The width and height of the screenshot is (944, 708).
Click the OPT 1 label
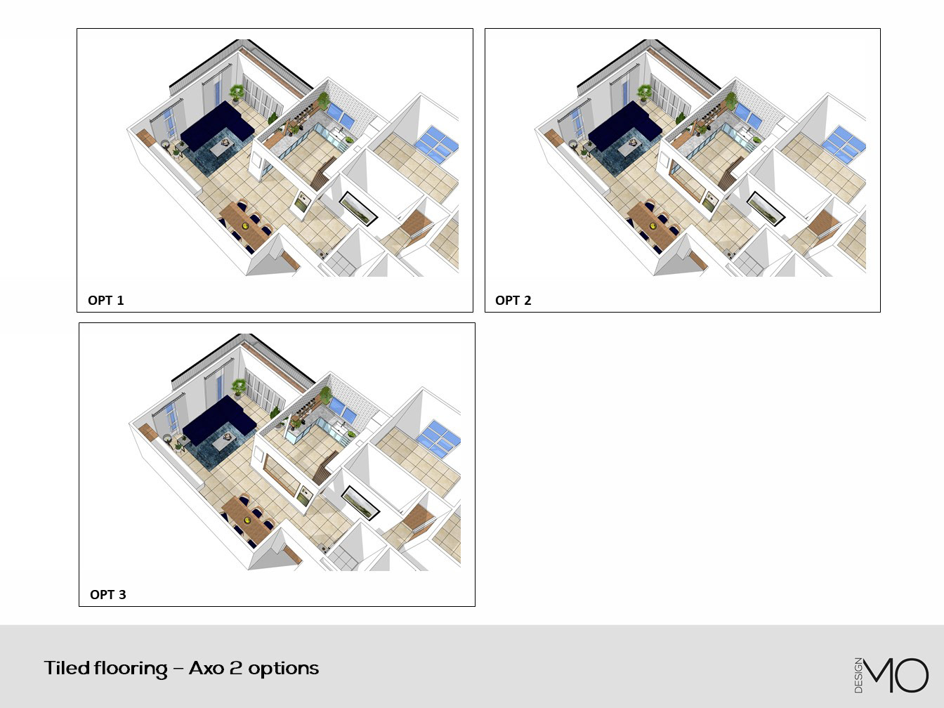coord(106,301)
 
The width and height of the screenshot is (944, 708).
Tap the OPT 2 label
coord(513,301)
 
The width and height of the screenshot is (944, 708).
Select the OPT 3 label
coord(108,594)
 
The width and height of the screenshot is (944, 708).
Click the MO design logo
coord(891,675)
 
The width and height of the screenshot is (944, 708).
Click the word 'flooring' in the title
coord(131,669)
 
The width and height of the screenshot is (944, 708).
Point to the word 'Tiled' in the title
coord(67,668)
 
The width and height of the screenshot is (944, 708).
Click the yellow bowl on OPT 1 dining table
coord(245,225)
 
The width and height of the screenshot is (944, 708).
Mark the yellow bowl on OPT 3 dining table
coord(247,520)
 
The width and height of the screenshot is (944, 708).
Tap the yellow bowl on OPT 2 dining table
coord(653,225)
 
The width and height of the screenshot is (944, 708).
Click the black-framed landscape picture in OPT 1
coord(358,209)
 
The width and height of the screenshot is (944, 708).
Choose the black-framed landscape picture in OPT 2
coord(766,209)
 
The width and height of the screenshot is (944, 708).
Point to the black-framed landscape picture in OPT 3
coord(360,502)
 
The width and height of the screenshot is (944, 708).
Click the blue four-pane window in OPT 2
coord(844,145)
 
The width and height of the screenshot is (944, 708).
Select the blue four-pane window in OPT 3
coord(439,439)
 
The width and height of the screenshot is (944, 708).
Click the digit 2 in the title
coord(236,669)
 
